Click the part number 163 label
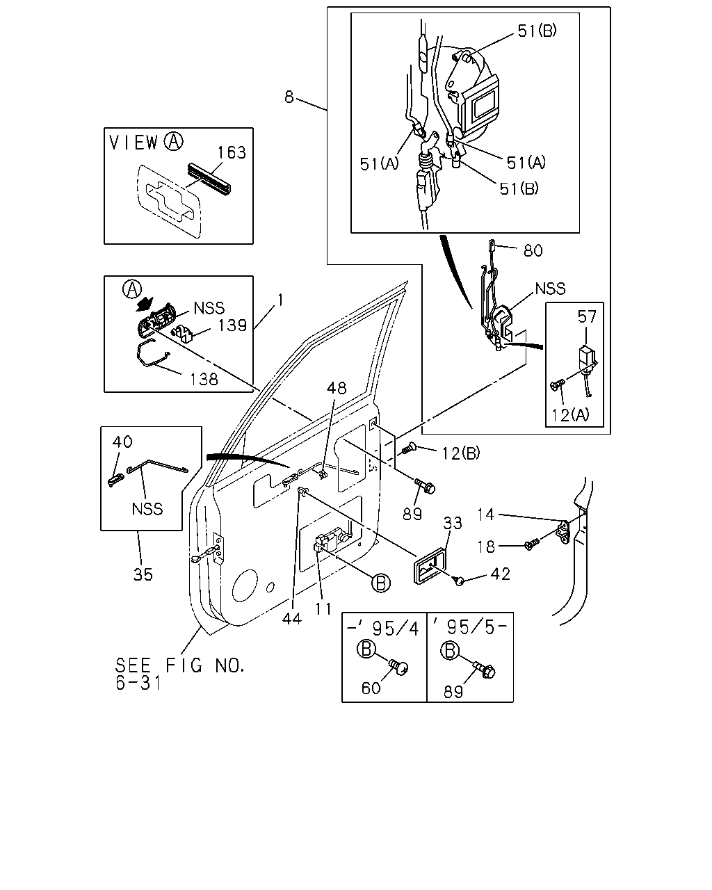click(232, 152)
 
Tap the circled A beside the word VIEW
click(174, 141)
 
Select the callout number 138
click(204, 379)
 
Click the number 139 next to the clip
click(232, 325)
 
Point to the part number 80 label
click(533, 250)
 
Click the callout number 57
click(587, 317)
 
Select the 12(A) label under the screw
click(570, 415)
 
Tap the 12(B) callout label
click(461, 453)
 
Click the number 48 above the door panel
click(337, 388)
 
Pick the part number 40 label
click(122, 442)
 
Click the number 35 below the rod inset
click(143, 574)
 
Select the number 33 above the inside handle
click(453, 523)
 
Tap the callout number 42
click(500, 574)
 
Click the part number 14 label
click(486, 515)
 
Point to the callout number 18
click(486, 547)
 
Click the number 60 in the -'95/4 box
click(371, 688)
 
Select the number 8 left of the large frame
click(289, 97)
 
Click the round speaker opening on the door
click(245, 585)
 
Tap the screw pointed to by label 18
click(532, 544)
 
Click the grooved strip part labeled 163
click(209, 178)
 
